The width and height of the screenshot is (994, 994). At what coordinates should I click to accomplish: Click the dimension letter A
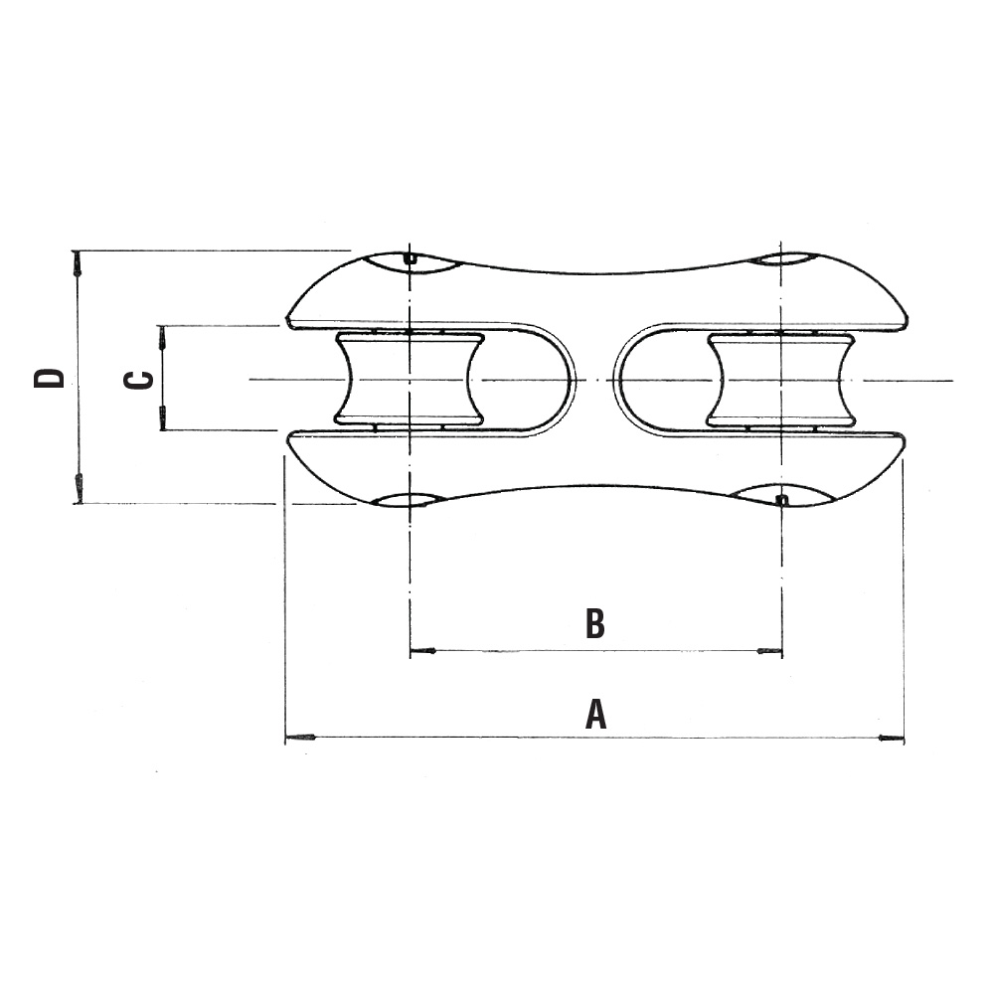pos(595,714)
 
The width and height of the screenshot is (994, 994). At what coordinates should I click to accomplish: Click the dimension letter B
pos(594,624)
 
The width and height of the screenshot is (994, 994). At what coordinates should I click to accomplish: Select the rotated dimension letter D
pos(50,378)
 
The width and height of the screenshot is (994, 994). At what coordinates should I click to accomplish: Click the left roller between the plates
pos(410,379)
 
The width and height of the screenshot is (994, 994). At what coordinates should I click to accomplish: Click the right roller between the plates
pos(781,380)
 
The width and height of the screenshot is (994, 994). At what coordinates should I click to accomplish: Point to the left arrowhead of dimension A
pos(300,738)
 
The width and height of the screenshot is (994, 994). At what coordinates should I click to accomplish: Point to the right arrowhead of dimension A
pos(890,738)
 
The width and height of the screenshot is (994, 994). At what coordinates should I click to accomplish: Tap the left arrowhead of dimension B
pos(422,650)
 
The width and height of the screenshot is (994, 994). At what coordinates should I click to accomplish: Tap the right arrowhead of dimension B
pos(770,650)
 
